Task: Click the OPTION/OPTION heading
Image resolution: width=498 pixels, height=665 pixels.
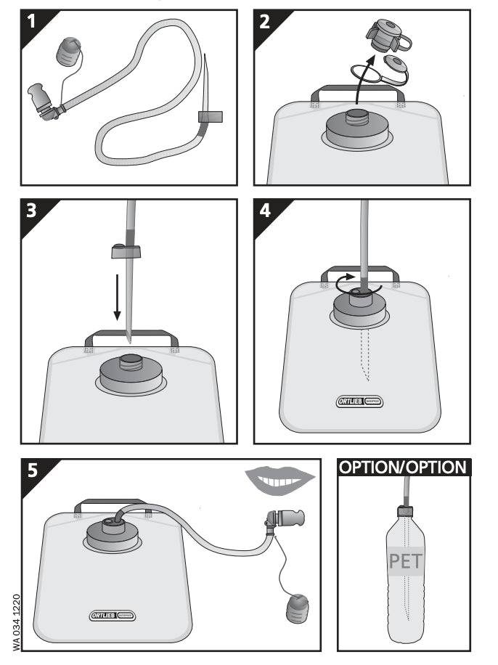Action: [404, 467]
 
